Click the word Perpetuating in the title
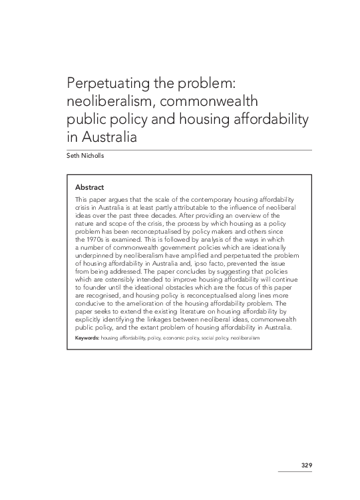(x=105, y=85)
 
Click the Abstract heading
(x=89, y=187)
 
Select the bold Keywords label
(x=87, y=338)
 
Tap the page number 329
(x=305, y=464)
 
